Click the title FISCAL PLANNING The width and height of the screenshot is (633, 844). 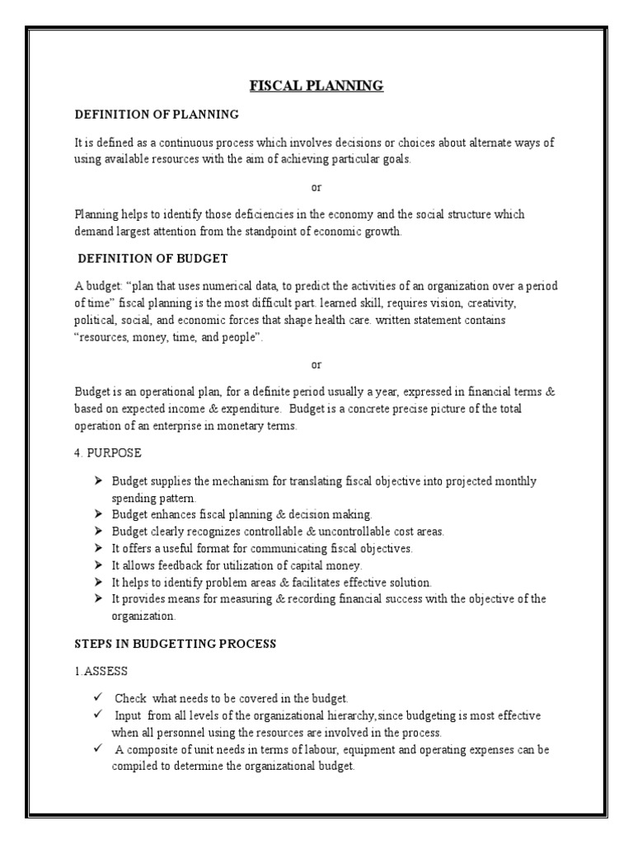click(317, 86)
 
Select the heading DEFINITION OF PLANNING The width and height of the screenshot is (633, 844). click(156, 114)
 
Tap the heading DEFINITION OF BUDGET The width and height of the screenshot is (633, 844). click(152, 258)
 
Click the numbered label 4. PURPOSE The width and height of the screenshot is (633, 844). click(108, 453)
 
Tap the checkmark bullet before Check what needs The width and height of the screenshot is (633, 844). click(97, 698)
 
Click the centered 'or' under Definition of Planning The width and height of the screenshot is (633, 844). click(317, 186)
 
